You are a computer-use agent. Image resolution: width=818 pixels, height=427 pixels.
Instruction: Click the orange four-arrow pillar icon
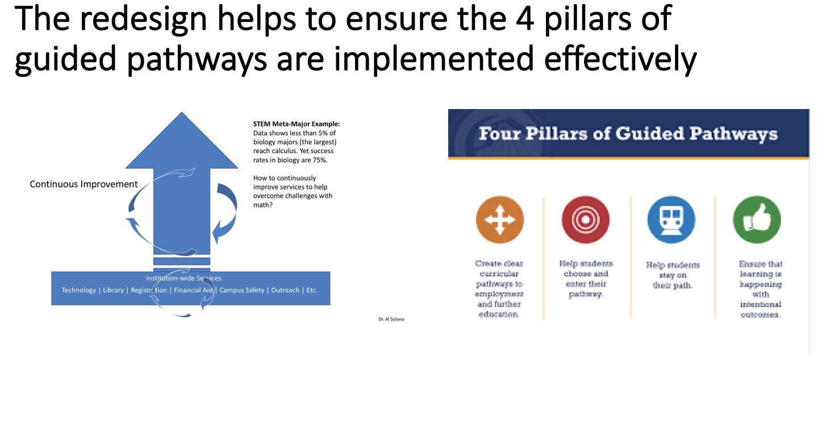click(x=499, y=220)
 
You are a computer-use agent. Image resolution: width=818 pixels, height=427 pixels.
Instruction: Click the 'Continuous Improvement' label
click(x=84, y=184)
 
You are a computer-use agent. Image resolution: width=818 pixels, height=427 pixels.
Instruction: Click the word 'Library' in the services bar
click(x=113, y=290)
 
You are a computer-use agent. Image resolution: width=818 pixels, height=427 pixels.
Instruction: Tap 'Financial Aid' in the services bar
click(x=193, y=290)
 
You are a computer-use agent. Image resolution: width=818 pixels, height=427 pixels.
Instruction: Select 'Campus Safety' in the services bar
click(x=241, y=290)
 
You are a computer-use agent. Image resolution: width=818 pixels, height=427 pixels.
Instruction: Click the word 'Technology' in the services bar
click(x=79, y=290)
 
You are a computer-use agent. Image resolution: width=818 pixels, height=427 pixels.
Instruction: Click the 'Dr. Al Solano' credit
click(x=391, y=319)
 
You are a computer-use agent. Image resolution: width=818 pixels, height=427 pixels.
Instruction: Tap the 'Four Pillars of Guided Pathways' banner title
click(x=628, y=134)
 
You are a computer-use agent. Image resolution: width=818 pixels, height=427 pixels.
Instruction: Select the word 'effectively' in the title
click(x=620, y=59)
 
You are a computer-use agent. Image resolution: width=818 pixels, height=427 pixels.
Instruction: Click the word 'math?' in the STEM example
click(x=262, y=205)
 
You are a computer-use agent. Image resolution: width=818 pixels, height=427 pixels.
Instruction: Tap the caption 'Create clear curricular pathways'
click(x=499, y=274)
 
